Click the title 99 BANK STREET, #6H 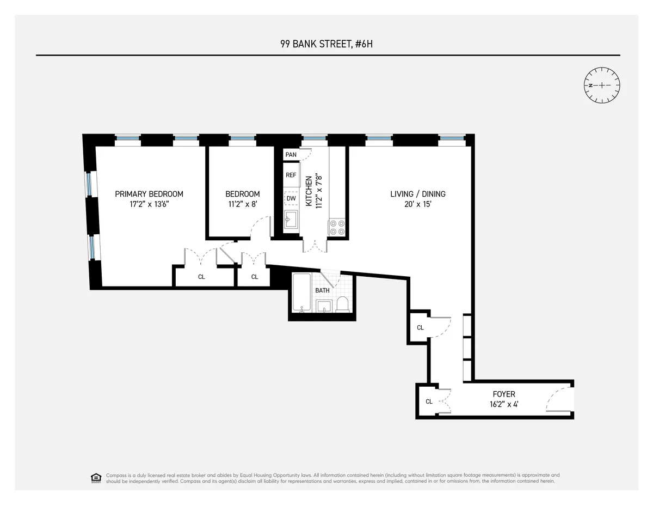pos(326,43)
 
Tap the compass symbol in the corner pos(602,86)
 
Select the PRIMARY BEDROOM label pos(149,194)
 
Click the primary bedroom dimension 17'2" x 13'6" pos(149,205)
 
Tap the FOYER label pos(503,394)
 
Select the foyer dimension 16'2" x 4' pos(503,405)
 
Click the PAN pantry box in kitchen pos(291,155)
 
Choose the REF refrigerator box pos(291,175)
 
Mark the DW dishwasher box pos(291,199)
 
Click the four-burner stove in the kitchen pos(337,227)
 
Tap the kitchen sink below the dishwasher pos(291,220)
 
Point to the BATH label pos(322,290)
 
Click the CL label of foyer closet pos(429,401)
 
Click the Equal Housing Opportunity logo pos(96,478)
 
